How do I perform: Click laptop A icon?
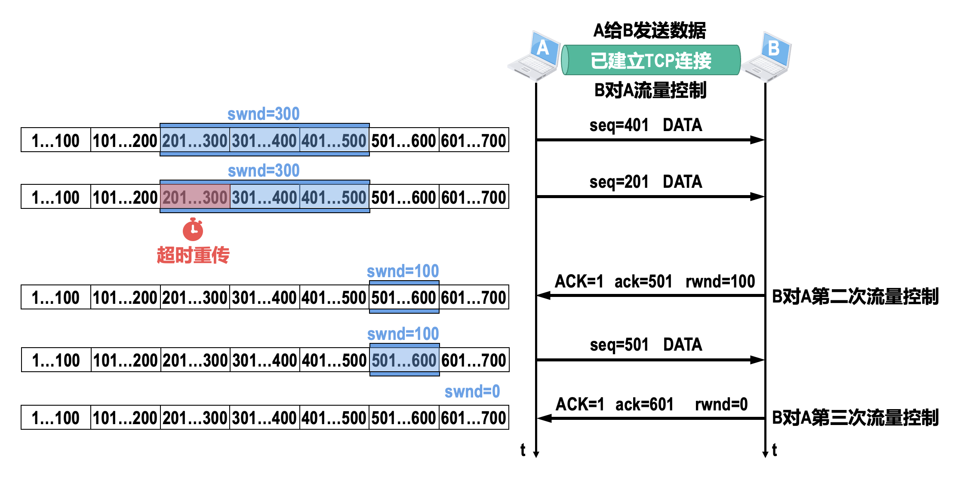534,56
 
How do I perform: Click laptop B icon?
767,56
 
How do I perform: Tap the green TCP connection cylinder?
651,60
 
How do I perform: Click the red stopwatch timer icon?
193,229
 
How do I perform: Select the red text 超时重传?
193,255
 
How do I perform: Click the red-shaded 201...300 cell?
195,197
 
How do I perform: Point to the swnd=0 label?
472,391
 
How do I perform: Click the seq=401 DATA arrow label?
646,125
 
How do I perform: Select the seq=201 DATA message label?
646,182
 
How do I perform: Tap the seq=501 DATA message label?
646,345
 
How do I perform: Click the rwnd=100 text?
720,281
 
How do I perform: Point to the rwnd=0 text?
721,404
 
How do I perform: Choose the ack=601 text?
644,404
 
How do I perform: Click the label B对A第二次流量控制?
855,297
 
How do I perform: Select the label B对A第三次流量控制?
855,418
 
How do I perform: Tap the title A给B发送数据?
649,31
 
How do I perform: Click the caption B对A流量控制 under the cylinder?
650,90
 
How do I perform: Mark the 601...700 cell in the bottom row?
474,418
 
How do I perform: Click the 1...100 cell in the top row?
56,141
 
